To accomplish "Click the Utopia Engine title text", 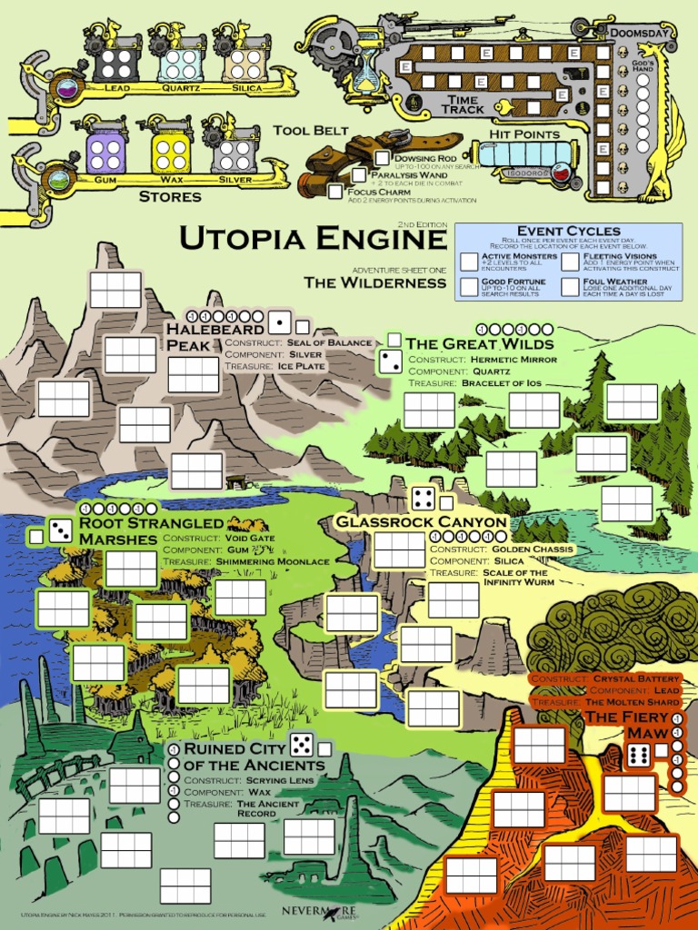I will click(313, 239).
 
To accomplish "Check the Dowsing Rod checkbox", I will click(383, 158).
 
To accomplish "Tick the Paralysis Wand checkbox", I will click(360, 174).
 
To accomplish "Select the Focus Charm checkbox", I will click(336, 192).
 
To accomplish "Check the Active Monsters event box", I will click(469, 262).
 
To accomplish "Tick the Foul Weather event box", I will click(570, 287).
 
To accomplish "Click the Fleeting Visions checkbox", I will click(570, 262).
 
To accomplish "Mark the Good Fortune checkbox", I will click(469, 287).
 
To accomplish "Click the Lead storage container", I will click(116, 64).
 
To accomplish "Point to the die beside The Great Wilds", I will click(390, 361).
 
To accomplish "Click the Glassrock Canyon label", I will click(421, 522).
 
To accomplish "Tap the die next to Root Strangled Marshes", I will click(61, 531).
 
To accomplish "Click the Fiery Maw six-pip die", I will click(639, 754).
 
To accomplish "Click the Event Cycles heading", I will click(568, 231).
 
